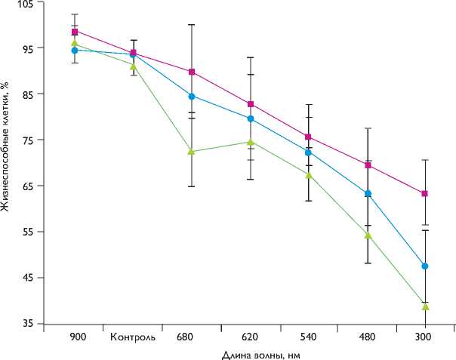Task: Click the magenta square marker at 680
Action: click(192, 72)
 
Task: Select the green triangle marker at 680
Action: click(192, 151)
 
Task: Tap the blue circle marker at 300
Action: click(425, 266)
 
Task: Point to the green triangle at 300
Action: click(425, 306)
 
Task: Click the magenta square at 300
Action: click(425, 194)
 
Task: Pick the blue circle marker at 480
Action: click(368, 194)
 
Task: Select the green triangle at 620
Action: click(251, 141)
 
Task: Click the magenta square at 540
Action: click(309, 137)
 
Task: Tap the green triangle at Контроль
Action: click(134, 66)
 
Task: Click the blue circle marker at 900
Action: click(75, 50)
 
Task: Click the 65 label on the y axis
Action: click(26, 186)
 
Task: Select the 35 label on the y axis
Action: click(26, 324)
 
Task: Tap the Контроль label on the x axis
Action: click(133, 337)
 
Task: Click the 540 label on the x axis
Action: click(309, 337)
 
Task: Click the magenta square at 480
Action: click(368, 165)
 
